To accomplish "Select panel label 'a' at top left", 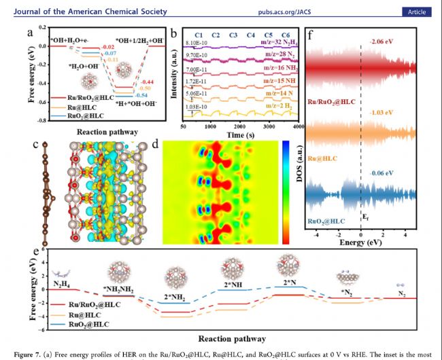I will pyautogui.click(x=29, y=33).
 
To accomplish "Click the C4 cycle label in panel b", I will pyautogui.click(x=251, y=35).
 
